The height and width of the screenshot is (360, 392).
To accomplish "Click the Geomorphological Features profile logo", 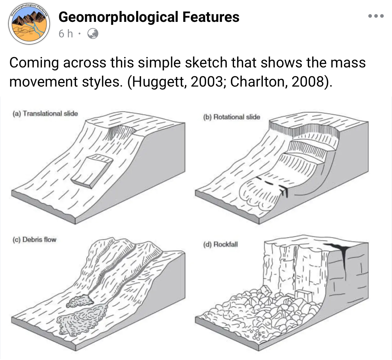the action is [29, 24].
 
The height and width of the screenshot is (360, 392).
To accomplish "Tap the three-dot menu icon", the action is [376, 16].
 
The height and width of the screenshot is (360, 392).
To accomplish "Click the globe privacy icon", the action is [93, 34].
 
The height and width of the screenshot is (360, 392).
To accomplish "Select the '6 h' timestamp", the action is [66, 34].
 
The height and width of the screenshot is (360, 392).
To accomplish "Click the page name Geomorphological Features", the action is [149, 17].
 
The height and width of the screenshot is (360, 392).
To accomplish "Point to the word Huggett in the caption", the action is [158, 82].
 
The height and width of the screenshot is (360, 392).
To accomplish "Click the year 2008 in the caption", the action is [308, 81].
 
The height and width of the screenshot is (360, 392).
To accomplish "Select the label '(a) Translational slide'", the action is [45, 114].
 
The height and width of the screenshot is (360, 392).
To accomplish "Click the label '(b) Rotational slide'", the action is [232, 117].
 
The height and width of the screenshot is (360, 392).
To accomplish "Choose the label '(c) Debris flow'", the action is [34, 240].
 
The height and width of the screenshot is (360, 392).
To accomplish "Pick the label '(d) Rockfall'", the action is [220, 244].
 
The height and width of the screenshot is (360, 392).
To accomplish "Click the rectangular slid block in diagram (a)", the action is [92, 171].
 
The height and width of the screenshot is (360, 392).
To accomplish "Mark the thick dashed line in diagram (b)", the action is [272, 184].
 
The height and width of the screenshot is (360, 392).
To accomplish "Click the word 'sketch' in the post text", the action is [206, 63].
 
